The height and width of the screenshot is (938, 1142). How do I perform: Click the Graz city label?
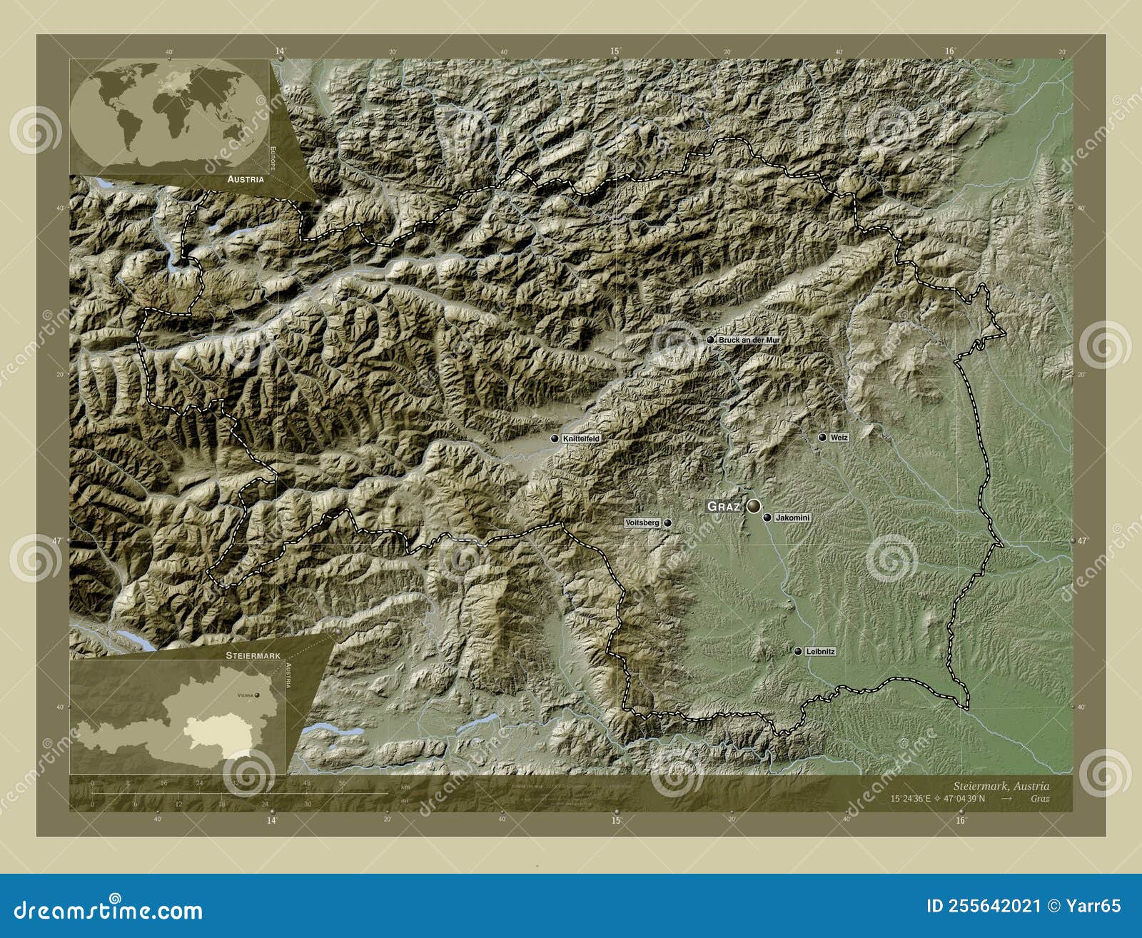(723, 506)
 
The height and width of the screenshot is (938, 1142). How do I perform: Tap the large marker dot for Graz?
(754, 506)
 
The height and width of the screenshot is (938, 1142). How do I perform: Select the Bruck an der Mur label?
(749, 341)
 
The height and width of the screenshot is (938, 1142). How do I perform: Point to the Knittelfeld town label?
(581, 438)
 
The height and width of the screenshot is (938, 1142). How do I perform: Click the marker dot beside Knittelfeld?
(555, 438)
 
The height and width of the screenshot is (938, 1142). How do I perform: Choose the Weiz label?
(839, 438)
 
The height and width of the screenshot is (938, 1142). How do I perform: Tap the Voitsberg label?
(642, 523)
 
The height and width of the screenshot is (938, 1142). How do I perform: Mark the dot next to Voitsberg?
(667, 523)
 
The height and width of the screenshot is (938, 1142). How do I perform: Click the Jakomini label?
(792, 518)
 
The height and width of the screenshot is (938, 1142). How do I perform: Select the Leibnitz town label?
(820, 652)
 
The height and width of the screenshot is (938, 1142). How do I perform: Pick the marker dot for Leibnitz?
(797, 652)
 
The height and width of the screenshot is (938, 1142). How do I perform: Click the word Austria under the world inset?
(246, 179)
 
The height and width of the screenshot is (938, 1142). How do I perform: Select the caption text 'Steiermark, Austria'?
(1003, 786)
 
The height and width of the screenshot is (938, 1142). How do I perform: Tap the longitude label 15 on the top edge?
(615, 51)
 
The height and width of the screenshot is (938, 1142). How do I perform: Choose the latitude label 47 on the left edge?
(56, 540)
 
